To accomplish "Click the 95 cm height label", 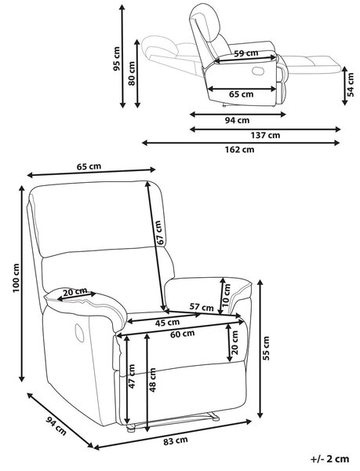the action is click(x=116, y=59).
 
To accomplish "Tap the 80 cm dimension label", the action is click(x=132, y=73).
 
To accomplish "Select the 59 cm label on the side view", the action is click(x=246, y=53).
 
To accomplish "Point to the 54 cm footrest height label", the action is click(x=351, y=85).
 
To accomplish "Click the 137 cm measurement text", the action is click(x=266, y=136).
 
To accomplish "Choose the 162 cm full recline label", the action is click(x=240, y=149).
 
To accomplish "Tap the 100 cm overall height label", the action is click(x=16, y=278).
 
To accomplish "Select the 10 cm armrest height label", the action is click(x=227, y=294).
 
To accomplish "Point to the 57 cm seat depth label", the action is click(x=202, y=308).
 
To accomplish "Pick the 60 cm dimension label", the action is click(x=183, y=334).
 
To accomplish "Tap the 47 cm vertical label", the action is click(x=132, y=376).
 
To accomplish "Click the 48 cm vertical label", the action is click(x=152, y=380).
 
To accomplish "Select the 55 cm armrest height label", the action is click(x=266, y=348).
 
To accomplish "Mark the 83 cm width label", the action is click(x=176, y=441).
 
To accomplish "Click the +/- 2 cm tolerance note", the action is click(x=329, y=459).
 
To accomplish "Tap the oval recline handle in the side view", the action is click(x=258, y=71).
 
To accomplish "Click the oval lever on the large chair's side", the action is click(x=79, y=333).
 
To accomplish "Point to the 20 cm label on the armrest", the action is click(x=75, y=291).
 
